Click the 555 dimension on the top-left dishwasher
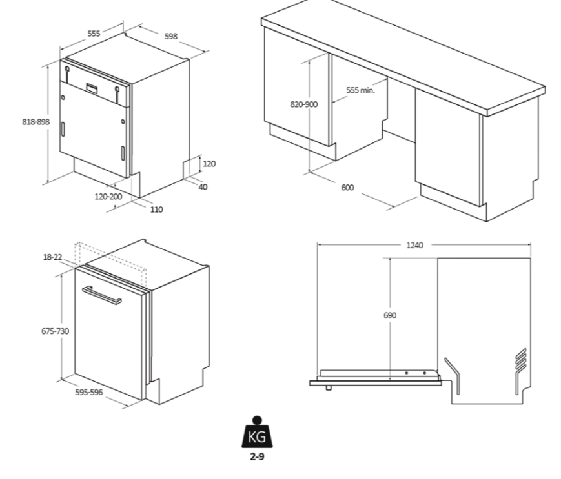[94, 34]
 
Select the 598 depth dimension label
[170, 36]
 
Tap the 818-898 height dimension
[35, 122]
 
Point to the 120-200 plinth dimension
[108, 196]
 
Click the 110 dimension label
[157, 209]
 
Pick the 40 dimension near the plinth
[203, 187]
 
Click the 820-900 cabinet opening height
[303, 104]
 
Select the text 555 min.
[360, 90]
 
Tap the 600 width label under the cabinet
[347, 187]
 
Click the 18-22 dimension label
[52, 257]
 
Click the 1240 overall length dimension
[415, 245]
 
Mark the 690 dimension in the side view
[390, 315]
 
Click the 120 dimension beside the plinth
[209, 164]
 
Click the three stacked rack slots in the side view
[521, 362]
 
